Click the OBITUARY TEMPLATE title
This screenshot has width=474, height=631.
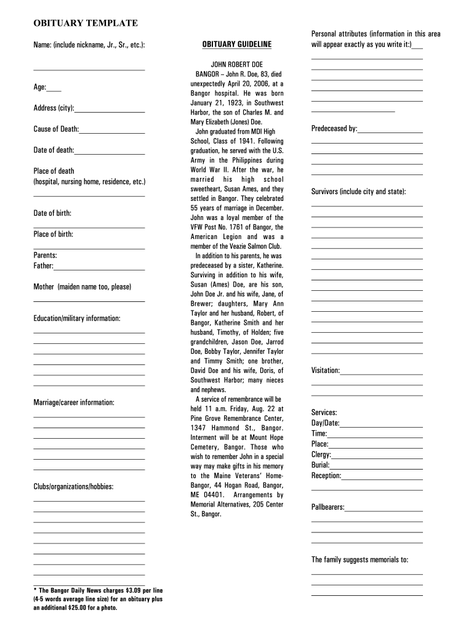[85, 23]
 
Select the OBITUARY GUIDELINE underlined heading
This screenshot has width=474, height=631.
[237, 44]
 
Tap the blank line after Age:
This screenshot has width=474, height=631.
[54, 91]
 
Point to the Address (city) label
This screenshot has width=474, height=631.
[54, 108]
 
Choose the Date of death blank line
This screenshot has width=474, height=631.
[110, 153]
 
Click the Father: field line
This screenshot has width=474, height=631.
[99, 269]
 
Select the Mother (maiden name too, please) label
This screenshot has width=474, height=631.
[82, 287]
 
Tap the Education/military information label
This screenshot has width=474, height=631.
[76, 318]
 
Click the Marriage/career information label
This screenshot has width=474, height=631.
[73, 402]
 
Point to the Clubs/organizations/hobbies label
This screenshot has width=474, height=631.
[73, 487]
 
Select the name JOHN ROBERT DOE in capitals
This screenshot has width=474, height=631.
[237, 64]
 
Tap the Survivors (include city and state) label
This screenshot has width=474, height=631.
[358, 192]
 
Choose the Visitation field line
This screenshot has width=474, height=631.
[381, 374]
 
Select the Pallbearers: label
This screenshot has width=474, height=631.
[327, 507]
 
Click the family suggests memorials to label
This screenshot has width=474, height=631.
[360, 560]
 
